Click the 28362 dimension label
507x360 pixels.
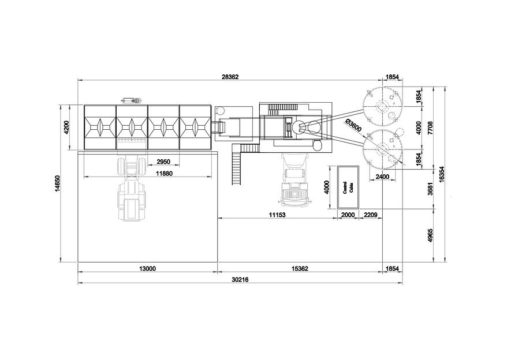(x=230, y=77)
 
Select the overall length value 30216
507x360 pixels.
(x=240, y=280)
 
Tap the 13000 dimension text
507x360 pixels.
(x=147, y=268)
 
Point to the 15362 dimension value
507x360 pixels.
(x=300, y=268)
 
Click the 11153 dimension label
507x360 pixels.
(x=277, y=215)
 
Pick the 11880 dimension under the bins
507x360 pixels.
(x=164, y=174)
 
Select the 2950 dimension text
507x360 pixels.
(x=163, y=162)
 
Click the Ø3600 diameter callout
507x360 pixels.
(x=353, y=125)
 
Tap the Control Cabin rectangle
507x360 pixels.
(x=348, y=187)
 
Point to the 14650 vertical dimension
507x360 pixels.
(x=58, y=183)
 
